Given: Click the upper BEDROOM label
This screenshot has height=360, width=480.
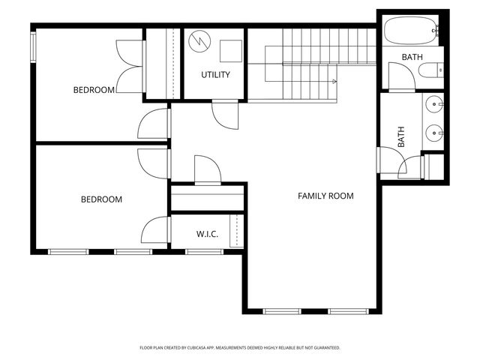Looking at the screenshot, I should [94, 90].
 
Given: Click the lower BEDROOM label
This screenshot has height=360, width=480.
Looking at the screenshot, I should [101, 199].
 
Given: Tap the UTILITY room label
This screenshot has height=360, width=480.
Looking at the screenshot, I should [215, 75].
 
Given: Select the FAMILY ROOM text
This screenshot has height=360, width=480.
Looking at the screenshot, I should [325, 196].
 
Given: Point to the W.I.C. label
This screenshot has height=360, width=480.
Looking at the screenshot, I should [207, 234].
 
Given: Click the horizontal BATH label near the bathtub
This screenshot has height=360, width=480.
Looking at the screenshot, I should [412, 58].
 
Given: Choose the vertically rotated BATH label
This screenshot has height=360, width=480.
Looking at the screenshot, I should [401, 136].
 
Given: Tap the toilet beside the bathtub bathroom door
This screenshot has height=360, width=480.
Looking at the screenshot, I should [432, 72].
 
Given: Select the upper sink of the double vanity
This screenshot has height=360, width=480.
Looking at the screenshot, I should [434, 104].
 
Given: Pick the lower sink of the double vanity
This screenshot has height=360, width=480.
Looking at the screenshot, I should [434, 133].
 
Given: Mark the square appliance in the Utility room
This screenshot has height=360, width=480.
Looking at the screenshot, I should [230, 49].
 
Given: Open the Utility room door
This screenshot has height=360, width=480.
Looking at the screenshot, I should [225, 114].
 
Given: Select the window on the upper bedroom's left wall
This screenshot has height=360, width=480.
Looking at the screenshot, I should [32, 46].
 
